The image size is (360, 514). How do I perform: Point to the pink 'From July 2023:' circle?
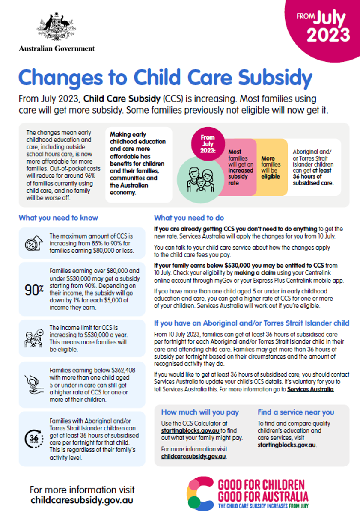tap(208, 141)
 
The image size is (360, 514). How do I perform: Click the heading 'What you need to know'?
tap(58, 218)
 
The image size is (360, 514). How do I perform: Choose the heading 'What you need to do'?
tap(189, 218)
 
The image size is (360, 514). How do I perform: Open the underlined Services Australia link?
tap(310, 389)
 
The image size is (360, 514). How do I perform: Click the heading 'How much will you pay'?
tap(200, 412)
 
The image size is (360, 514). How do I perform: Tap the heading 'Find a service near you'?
tap(296, 412)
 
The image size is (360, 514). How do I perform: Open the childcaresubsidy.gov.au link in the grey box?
tap(193, 457)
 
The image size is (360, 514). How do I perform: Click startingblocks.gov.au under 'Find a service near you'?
tap(286, 445)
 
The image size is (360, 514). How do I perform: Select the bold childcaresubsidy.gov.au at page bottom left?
tap(82, 500)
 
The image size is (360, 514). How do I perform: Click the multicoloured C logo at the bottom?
tap(201, 493)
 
